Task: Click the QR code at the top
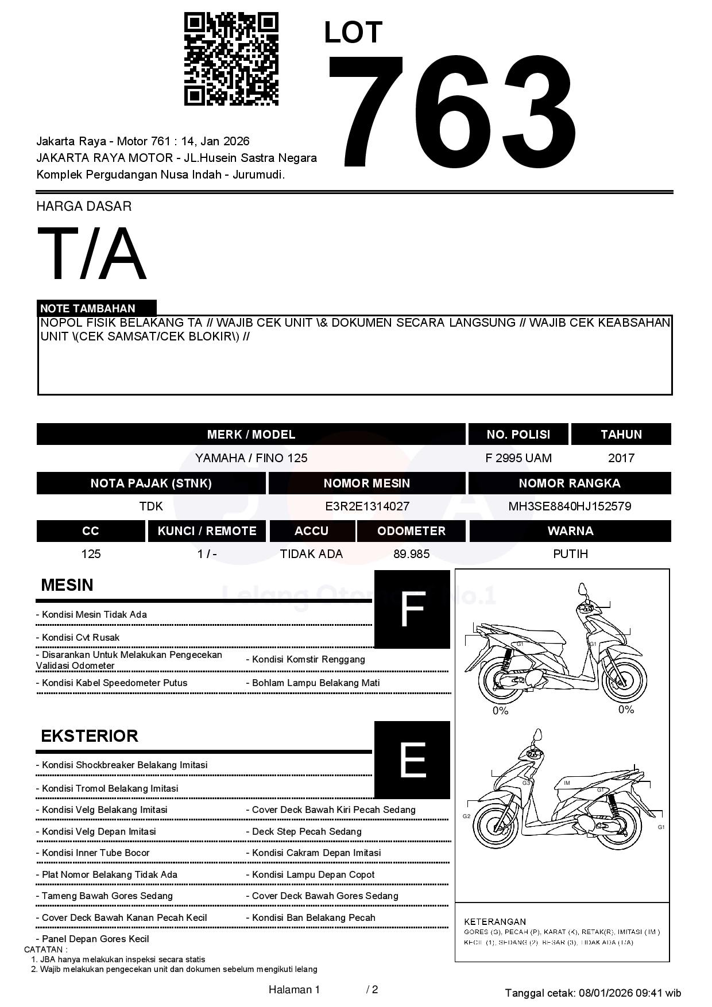click(x=231, y=59)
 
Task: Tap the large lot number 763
click(x=452, y=112)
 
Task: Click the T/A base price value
click(x=92, y=254)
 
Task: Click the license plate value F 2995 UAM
click(x=518, y=458)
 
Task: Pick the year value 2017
click(x=621, y=458)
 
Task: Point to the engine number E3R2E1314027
click(x=367, y=506)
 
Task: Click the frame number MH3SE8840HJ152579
click(x=570, y=506)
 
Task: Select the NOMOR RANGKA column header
click(x=569, y=483)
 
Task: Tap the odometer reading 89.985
click(x=411, y=554)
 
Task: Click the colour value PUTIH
click(x=570, y=554)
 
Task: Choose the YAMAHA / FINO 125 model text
click(x=251, y=458)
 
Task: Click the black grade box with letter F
click(x=412, y=609)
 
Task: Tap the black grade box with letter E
click(x=412, y=760)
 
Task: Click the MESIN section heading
click(x=67, y=585)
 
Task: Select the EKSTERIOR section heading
click(x=89, y=736)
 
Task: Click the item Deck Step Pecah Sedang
click(x=307, y=831)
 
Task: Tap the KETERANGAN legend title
click(x=494, y=921)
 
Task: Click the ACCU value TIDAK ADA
click(x=311, y=554)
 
